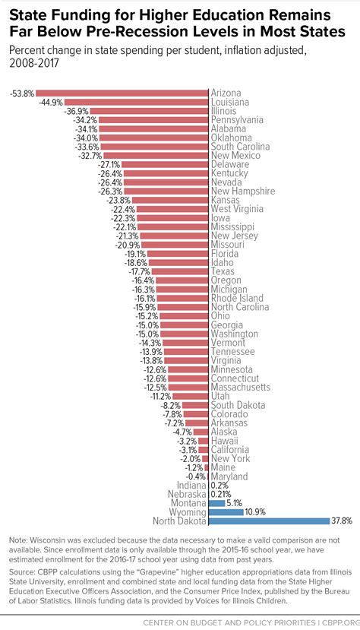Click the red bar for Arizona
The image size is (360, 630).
tap(122, 93)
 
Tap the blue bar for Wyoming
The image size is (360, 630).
tap(225, 512)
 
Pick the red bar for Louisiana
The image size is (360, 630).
tap(137, 103)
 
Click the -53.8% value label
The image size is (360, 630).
tap(21, 93)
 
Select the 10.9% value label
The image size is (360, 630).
tap(255, 512)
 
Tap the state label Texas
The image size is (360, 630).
tap(223, 271)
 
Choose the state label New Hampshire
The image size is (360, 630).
tap(242, 192)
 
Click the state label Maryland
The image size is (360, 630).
tap(230, 476)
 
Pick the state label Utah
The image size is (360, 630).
tap(221, 396)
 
